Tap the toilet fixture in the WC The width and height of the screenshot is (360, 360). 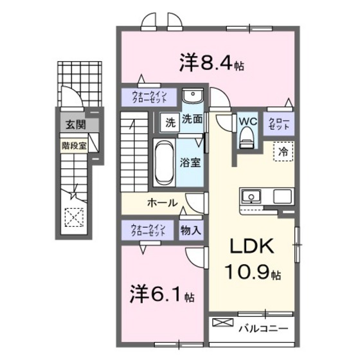pyautogui.click(x=248, y=137)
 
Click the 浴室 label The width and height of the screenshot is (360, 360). pyautogui.click(x=191, y=163)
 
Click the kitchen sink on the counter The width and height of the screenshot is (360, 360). pyautogui.click(x=251, y=195)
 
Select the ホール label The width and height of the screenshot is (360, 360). pyautogui.click(x=162, y=203)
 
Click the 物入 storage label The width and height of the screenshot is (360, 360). pyautogui.click(x=191, y=230)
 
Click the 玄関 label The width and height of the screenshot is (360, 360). pyautogui.click(x=73, y=125)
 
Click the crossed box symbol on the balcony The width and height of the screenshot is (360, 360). pyautogui.click(x=221, y=322)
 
